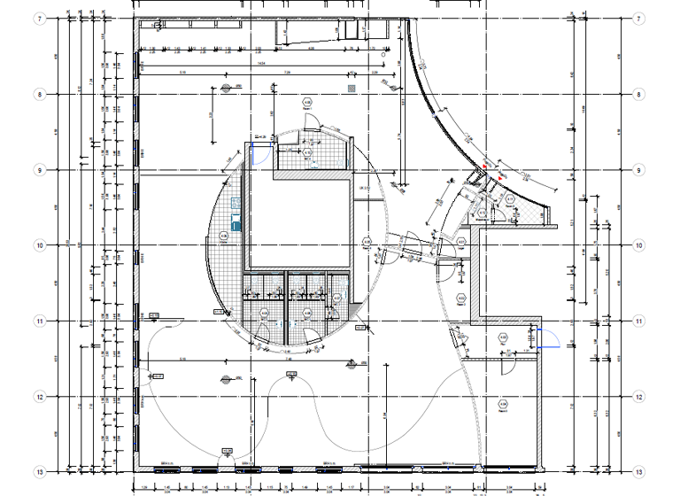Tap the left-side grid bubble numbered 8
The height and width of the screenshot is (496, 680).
(x=39, y=94)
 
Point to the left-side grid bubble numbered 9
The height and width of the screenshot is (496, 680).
(x=39, y=169)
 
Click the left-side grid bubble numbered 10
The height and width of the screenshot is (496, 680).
(x=39, y=244)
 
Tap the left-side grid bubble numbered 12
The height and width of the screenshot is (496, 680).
(x=39, y=396)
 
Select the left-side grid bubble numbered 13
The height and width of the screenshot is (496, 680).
(x=39, y=471)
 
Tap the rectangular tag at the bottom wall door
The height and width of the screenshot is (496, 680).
(x=226, y=452)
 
